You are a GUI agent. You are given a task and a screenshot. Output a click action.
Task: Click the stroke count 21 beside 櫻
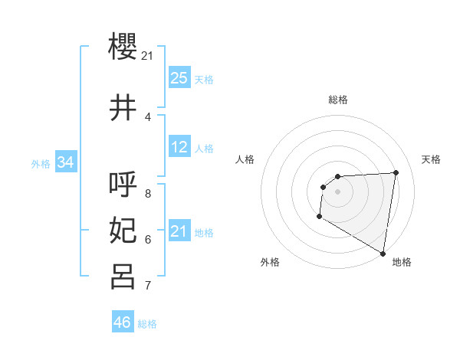click(148, 56)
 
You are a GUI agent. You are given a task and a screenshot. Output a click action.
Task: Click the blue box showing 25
click(179, 78)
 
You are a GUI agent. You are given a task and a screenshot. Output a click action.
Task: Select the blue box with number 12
click(179, 147)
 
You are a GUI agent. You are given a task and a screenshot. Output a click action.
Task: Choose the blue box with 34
click(66, 162)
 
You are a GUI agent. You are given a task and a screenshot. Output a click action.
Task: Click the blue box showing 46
click(123, 322)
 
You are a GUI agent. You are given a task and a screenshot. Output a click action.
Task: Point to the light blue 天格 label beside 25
click(204, 80)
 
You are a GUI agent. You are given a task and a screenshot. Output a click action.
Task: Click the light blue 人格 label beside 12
click(204, 149)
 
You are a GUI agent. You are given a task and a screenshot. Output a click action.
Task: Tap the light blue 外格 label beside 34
click(41, 164)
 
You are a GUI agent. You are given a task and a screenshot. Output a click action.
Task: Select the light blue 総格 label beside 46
click(148, 324)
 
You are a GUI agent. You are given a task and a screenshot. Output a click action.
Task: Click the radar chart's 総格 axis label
click(338, 100)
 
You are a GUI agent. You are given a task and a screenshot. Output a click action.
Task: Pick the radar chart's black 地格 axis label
click(402, 262)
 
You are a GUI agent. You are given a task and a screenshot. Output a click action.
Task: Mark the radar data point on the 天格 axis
click(396, 172)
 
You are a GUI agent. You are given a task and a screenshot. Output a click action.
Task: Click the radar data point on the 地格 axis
click(383, 254)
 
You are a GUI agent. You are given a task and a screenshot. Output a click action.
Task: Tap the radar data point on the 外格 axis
click(319, 217)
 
